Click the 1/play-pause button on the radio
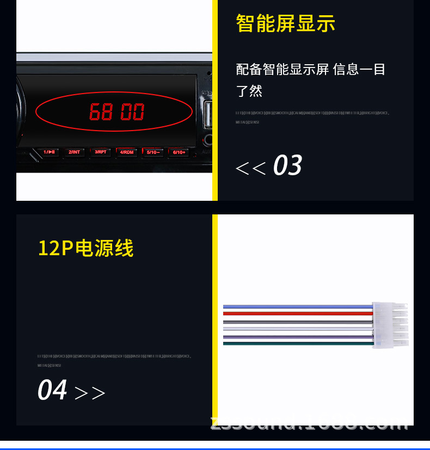click(49, 152)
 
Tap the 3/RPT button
click(101, 152)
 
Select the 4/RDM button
click(127, 152)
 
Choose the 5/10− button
click(152, 152)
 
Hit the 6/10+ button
click(179, 152)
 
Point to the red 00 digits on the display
click(132, 112)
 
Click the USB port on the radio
click(208, 114)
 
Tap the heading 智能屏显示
click(285, 23)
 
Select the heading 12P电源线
click(85, 248)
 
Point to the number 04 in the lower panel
click(52, 390)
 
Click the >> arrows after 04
click(89, 393)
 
